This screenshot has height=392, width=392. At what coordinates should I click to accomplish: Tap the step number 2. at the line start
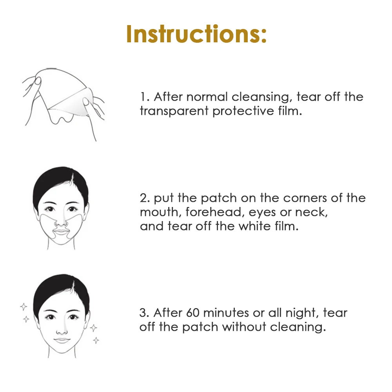tap(145, 198)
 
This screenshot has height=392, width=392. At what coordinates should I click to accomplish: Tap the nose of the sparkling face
tap(61, 328)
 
